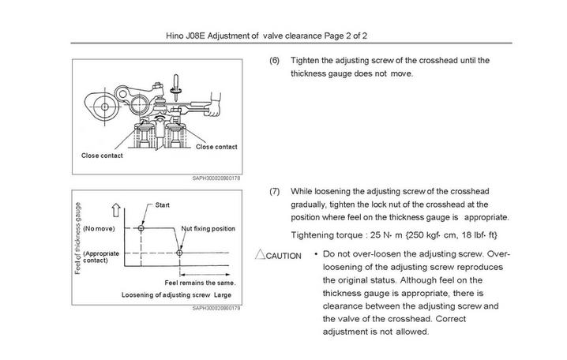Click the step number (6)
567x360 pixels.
tap(275, 60)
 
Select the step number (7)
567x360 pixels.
tap(275, 191)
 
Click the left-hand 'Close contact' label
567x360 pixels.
tap(103, 155)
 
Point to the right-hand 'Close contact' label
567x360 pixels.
tap(216, 147)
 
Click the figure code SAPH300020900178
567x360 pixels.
tap(216, 178)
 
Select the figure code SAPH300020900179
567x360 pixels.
tap(216, 309)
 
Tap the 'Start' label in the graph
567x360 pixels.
tap(163, 204)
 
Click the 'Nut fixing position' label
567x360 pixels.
tap(208, 228)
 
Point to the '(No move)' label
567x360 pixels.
tap(100, 228)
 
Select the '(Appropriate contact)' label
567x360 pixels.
tap(101, 257)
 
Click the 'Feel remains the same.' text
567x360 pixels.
tap(201, 282)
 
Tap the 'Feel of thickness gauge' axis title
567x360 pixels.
tap(77, 238)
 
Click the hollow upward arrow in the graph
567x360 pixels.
tap(116, 211)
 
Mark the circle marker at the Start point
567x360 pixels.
tap(141, 228)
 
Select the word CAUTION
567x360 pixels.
tap(283, 256)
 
